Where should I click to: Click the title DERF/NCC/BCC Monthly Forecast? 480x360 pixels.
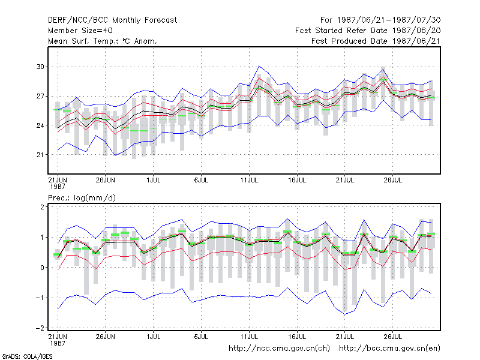pos(112,20)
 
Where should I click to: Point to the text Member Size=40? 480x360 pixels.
pos(80,31)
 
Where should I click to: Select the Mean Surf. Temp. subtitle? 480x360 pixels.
pos(103,41)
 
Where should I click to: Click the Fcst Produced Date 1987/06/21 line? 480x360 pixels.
pos(376,41)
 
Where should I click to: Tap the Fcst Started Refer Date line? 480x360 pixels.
pos(368,31)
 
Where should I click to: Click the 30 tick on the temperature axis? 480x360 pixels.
pos(40,67)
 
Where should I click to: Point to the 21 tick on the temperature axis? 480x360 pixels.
pos(40,155)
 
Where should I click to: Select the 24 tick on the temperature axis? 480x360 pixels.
pos(40,125)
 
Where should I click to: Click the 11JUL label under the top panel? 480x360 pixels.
pos(249,180)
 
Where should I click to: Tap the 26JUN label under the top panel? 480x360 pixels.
pos(106,180)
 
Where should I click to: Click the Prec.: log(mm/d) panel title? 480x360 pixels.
pos(82,198)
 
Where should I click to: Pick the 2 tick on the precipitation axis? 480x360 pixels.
pos(42,207)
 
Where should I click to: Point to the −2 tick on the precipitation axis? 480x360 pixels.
pos(40,328)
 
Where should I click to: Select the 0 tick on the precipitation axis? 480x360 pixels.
pos(42,268)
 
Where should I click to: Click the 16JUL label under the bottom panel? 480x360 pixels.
pos(297,337)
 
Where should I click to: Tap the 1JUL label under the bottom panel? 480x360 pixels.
pos(154,337)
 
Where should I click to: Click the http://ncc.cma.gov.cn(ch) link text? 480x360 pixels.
pos(279,349)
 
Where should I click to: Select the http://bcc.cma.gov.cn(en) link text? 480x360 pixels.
pos(389,349)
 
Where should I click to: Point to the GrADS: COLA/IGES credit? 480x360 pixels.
pos(27,356)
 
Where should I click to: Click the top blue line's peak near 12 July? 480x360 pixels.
pos(259,66)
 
